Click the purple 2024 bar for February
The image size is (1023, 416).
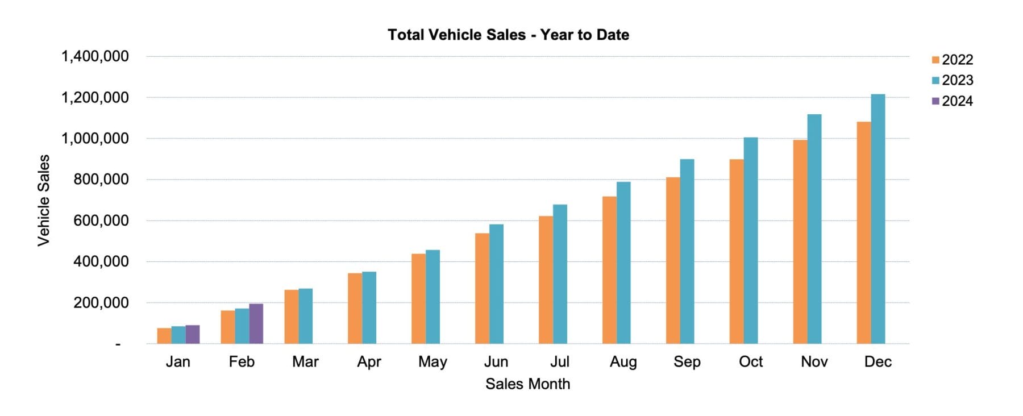pos(256,324)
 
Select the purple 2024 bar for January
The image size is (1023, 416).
pos(192,335)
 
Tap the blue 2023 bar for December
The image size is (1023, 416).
pos(878,219)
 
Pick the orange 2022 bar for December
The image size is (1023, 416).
pos(863,232)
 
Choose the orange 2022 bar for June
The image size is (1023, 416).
pos(482,288)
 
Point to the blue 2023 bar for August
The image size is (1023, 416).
pos(623,263)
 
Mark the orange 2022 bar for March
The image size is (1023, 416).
pos(291,317)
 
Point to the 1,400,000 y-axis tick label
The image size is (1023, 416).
pos(95,56)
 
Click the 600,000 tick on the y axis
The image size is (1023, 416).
pos(101,221)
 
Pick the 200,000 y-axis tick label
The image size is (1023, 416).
pos(101,303)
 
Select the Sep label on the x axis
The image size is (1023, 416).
pos(687,362)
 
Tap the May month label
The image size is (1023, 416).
pos(433,362)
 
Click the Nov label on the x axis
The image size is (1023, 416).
pos(814,362)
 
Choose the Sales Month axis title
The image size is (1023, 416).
pos(527,384)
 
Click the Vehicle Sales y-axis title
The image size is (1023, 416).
pos(44,200)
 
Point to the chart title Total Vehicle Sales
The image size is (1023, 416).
pos(508,35)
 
